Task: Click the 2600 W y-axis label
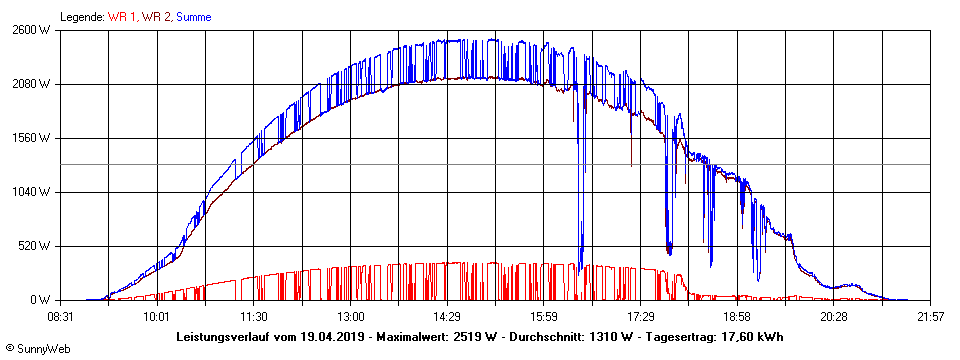click(x=31, y=30)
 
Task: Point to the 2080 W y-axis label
click(x=31, y=84)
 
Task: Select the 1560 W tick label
click(x=31, y=138)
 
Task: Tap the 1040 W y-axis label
click(x=31, y=192)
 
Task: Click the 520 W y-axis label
click(x=34, y=246)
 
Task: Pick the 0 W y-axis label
click(x=39, y=300)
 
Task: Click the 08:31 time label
click(x=61, y=316)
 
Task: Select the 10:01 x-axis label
click(x=155, y=316)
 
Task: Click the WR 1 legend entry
click(x=123, y=16)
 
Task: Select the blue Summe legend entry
click(x=194, y=16)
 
